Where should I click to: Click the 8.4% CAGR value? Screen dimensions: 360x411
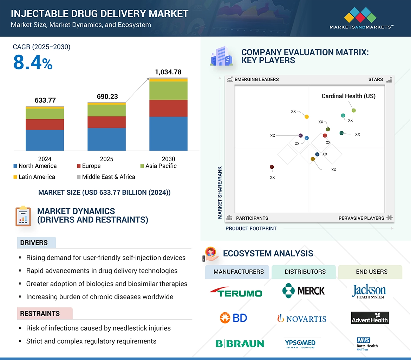pyautogui.click(x=33, y=63)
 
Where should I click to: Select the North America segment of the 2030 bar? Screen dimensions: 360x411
pyautogui.click(x=168, y=133)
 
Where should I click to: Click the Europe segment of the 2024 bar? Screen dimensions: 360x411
pyautogui.click(x=45, y=125)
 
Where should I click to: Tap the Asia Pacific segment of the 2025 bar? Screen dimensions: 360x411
pyautogui.click(x=106, y=111)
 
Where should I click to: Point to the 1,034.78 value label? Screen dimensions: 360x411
pyautogui.click(x=168, y=72)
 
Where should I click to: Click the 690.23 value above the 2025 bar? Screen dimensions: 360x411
pyautogui.click(x=107, y=96)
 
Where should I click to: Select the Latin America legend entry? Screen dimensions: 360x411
pyautogui.click(x=34, y=177)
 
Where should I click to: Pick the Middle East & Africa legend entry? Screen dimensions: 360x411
pyautogui.click(x=106, y=177)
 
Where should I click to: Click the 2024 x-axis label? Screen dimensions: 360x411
pyautogui.click(x=45, y=159)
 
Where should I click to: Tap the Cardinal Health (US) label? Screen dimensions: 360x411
pyautogui.click(x=348, y=96)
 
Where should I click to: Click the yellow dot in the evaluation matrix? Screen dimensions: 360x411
pyautogui.click(x=307, y=116)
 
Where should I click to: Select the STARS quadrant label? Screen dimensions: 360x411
pyautogui.click(x=376, y=79)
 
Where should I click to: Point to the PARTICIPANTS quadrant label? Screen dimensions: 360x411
pyautogui.click(x=252, y=218)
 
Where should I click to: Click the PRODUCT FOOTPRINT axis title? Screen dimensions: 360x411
pyautogui.click(x=251, y=228)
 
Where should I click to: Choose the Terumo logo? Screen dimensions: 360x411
pyautogui.click(x=236, y=292)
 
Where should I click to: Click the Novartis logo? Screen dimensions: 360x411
pyautogui.click(x=301, y=319)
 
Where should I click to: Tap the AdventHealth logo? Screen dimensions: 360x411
pyautogui.click(x=370, y=318)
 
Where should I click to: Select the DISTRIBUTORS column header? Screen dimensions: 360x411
pyautogui.click(x=305, y=272)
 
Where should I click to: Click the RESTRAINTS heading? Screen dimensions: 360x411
pyautogui.click(x=40, y=313)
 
